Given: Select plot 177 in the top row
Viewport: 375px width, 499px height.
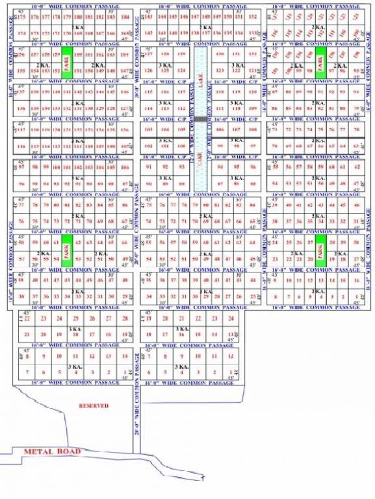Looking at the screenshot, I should point(45,16).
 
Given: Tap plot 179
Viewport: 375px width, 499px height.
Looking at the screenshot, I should point(67,16).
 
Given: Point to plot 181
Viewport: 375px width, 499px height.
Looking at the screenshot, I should point(90,16).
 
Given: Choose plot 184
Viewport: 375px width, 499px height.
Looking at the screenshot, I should point(125,16).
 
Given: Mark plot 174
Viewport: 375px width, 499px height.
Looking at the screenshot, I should point(23,32).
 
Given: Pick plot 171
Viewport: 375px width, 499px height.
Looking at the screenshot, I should point(57,32).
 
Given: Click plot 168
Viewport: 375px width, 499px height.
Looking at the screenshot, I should point(90,32).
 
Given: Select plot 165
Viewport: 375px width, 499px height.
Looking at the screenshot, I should point(125,32).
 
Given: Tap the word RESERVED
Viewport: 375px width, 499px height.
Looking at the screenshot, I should point(94,406).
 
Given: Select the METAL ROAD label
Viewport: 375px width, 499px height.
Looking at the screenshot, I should point(51,451).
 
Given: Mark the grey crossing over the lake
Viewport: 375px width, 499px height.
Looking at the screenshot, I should point(201,120).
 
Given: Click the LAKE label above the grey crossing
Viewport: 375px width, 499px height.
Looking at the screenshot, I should point(201,84).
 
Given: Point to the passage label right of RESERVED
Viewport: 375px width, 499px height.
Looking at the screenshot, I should point(136,403).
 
